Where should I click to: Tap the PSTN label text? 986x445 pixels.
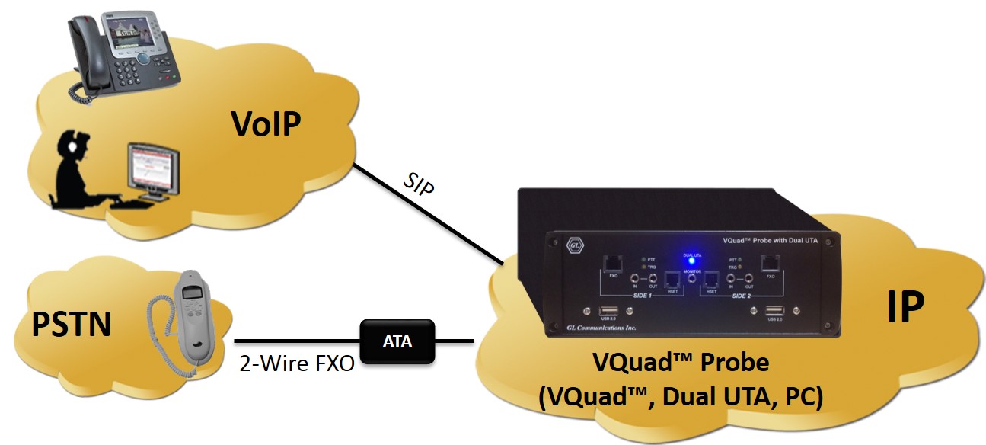(x=71, y=324)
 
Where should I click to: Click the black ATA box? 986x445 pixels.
(x=397, y=342)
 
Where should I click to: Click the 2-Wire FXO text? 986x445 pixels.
(x=296, y=363)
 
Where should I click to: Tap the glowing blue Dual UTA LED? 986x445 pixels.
(x=691, y=261)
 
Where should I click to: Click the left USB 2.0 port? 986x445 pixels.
(x=608, y=310)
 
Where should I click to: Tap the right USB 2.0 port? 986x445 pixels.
(x=774, y=310)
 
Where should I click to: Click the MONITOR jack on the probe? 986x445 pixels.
(x=691, y=280)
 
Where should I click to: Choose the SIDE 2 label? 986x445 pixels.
(x=738, y=294)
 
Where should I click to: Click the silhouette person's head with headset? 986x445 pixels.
(x=74, y=149)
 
